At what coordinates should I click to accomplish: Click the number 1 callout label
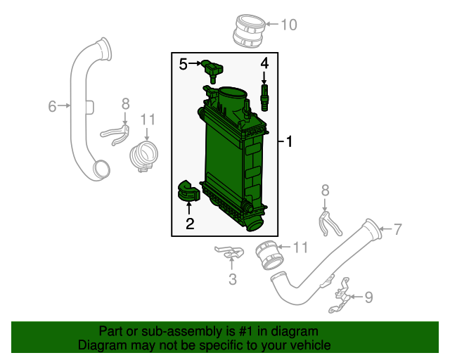[x=289, y=143]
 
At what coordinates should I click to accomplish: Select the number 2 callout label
[x=190, y=225]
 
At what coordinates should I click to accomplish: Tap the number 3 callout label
[x=233, y=280]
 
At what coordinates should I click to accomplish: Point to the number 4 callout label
[x=265, y=64]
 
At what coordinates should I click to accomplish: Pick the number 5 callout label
[x=184, y=65]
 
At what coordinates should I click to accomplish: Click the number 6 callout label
[x=52, y=106]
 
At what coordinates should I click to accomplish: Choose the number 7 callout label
[x=397, y=229]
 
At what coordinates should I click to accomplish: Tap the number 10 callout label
[x=289, y=25]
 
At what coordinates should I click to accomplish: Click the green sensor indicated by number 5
[x=212, y=69]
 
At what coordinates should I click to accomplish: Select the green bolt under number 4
[x=265, y=96]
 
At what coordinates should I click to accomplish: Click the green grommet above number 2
[x=187, y=191]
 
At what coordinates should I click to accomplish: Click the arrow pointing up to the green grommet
[x=189, y=208]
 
